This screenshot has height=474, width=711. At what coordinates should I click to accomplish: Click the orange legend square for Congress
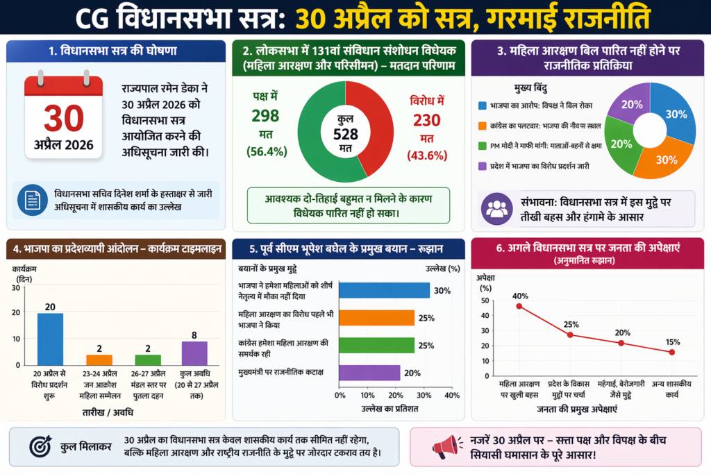(x=483, y=126)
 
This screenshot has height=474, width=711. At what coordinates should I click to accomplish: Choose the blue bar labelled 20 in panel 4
(x=50, y=339)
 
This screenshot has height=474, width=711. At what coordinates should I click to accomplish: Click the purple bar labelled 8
(x=194, y=353)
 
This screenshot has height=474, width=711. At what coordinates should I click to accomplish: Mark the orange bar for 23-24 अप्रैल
(x=99, y=359)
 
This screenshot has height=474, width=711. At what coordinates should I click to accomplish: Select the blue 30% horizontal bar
(x=385, y=290)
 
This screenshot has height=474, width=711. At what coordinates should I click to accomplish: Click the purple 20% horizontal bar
(x=370, y=373)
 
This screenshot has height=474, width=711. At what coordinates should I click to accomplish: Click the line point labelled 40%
(x=519, y=306)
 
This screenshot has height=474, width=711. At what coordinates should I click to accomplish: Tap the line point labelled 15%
(x=671, y=352)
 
